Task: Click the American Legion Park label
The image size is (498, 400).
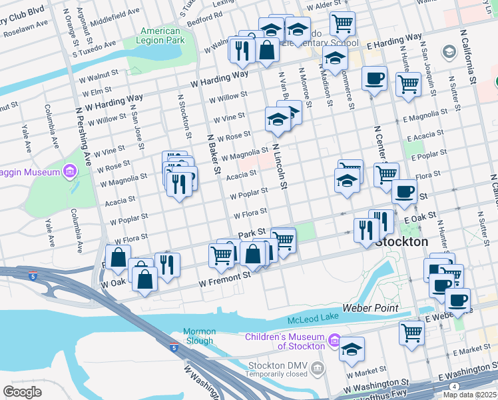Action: [x=160, y=36]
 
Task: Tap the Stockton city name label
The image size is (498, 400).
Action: [x=401, y=242]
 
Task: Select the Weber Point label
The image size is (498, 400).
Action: [x=370, y=308]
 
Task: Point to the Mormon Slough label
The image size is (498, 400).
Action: [x=200, y=336]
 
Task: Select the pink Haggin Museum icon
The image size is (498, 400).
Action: [x=70, y=173]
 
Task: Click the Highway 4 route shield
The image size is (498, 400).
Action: [x=454, y=386]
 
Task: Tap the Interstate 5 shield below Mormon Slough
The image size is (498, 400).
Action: [x=174, y=347]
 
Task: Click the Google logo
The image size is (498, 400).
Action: [x=22, y=391]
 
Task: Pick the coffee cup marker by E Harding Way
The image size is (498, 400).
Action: [x=374, y=79]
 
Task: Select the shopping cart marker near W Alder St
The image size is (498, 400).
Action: [x=342, y=24]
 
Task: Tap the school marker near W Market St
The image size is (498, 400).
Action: [x=351, y=349]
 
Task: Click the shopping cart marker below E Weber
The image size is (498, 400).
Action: [x=412, y=331]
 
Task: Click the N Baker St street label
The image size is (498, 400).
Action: [x=213, y=150]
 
